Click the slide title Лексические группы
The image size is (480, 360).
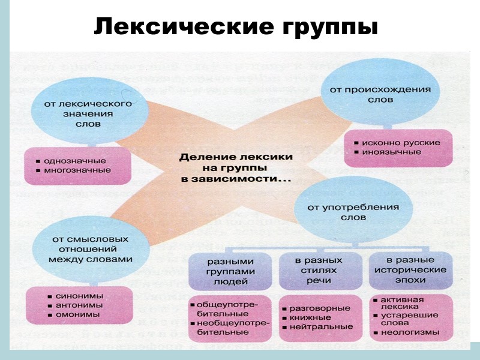point(236,26)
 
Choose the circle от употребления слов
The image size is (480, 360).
point(353,212)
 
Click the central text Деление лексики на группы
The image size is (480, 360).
point(236,167)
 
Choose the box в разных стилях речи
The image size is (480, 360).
point(319,270)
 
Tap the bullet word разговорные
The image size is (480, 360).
point(319,308)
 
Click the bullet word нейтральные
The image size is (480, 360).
point(321,327)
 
